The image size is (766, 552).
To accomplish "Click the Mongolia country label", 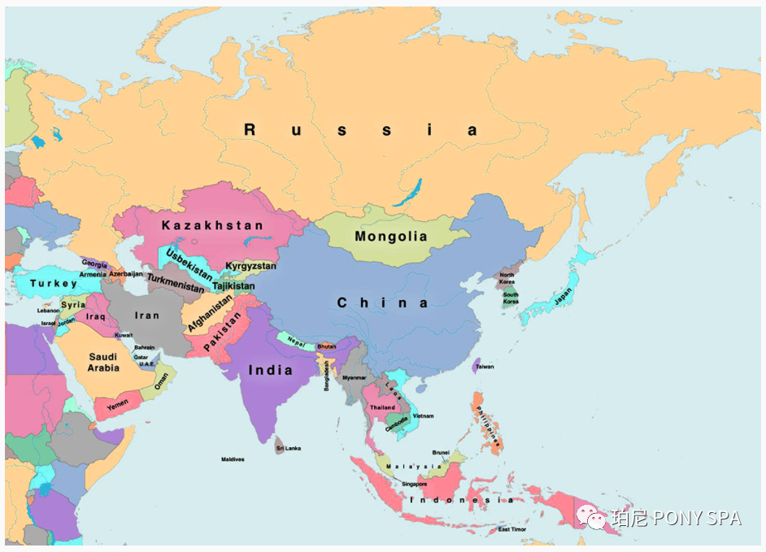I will pos(390,237).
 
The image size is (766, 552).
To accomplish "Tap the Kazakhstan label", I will pos(212,225).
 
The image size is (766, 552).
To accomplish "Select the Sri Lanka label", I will pos(289,448).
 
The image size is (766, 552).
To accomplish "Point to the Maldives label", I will pos(233,459).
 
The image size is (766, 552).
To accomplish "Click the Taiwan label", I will pos(485,367).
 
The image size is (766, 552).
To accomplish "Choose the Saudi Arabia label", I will pos(103,363).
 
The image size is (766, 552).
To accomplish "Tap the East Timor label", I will pos(512,529).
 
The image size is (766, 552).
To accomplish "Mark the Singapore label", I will pos(414,484).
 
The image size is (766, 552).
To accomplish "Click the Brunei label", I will pos(441,453).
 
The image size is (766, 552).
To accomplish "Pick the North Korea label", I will pos(507,278).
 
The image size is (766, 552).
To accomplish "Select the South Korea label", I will pos(511,298).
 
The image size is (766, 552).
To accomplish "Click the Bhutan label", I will pos(326,346).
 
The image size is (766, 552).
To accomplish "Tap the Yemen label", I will pos(117,405).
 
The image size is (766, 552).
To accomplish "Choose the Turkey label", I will pos(54,284).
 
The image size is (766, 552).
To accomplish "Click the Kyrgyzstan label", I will pos(250,266).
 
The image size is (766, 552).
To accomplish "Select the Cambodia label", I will pos(397,423).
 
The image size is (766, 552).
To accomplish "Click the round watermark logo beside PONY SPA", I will pos(590,516).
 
